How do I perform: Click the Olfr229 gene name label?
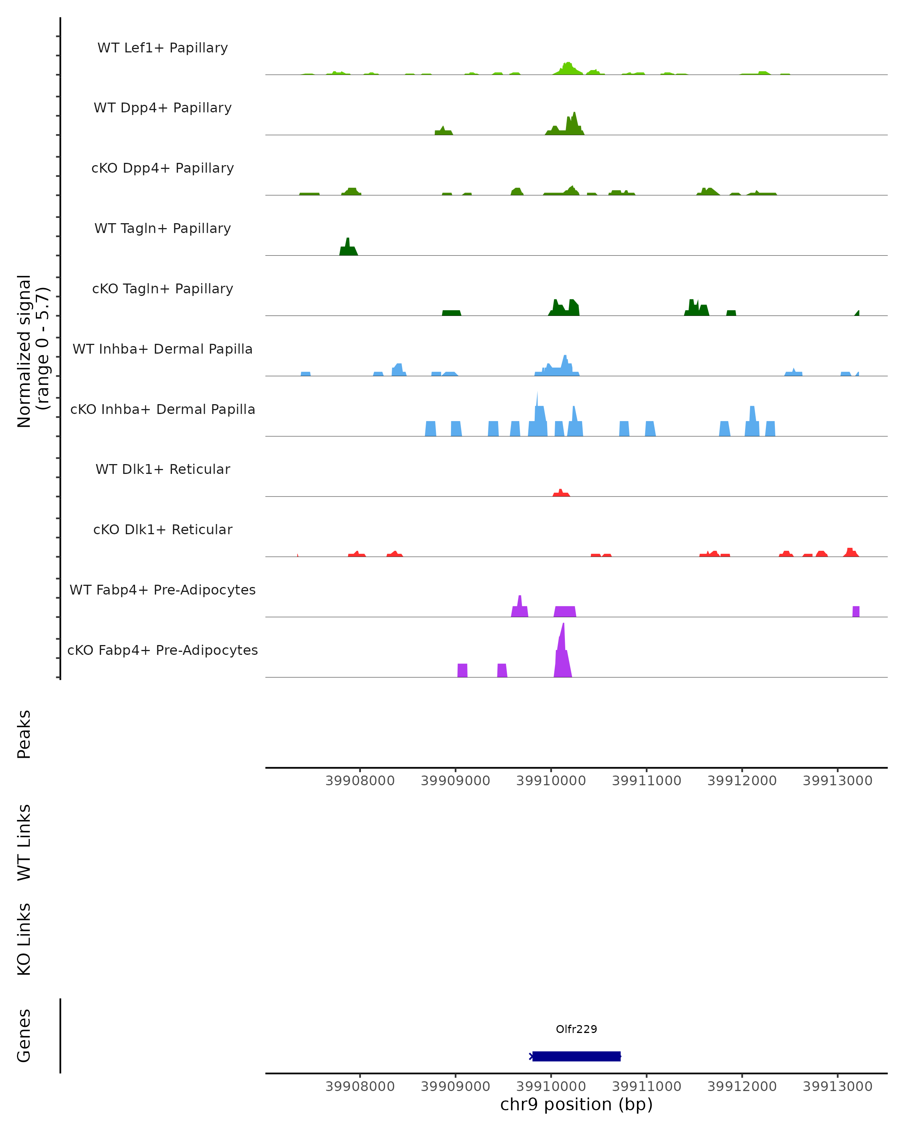(576, 1029)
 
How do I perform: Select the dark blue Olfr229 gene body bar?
(576, 1056)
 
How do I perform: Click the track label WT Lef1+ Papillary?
(163, 48)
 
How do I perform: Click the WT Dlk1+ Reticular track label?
(163, 469)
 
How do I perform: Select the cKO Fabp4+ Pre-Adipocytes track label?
(163, 650)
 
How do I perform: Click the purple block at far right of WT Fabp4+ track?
(856, 611)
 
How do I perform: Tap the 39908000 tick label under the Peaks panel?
(360, 781)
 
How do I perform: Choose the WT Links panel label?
(24, 842)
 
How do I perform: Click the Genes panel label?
(24, 1036)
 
